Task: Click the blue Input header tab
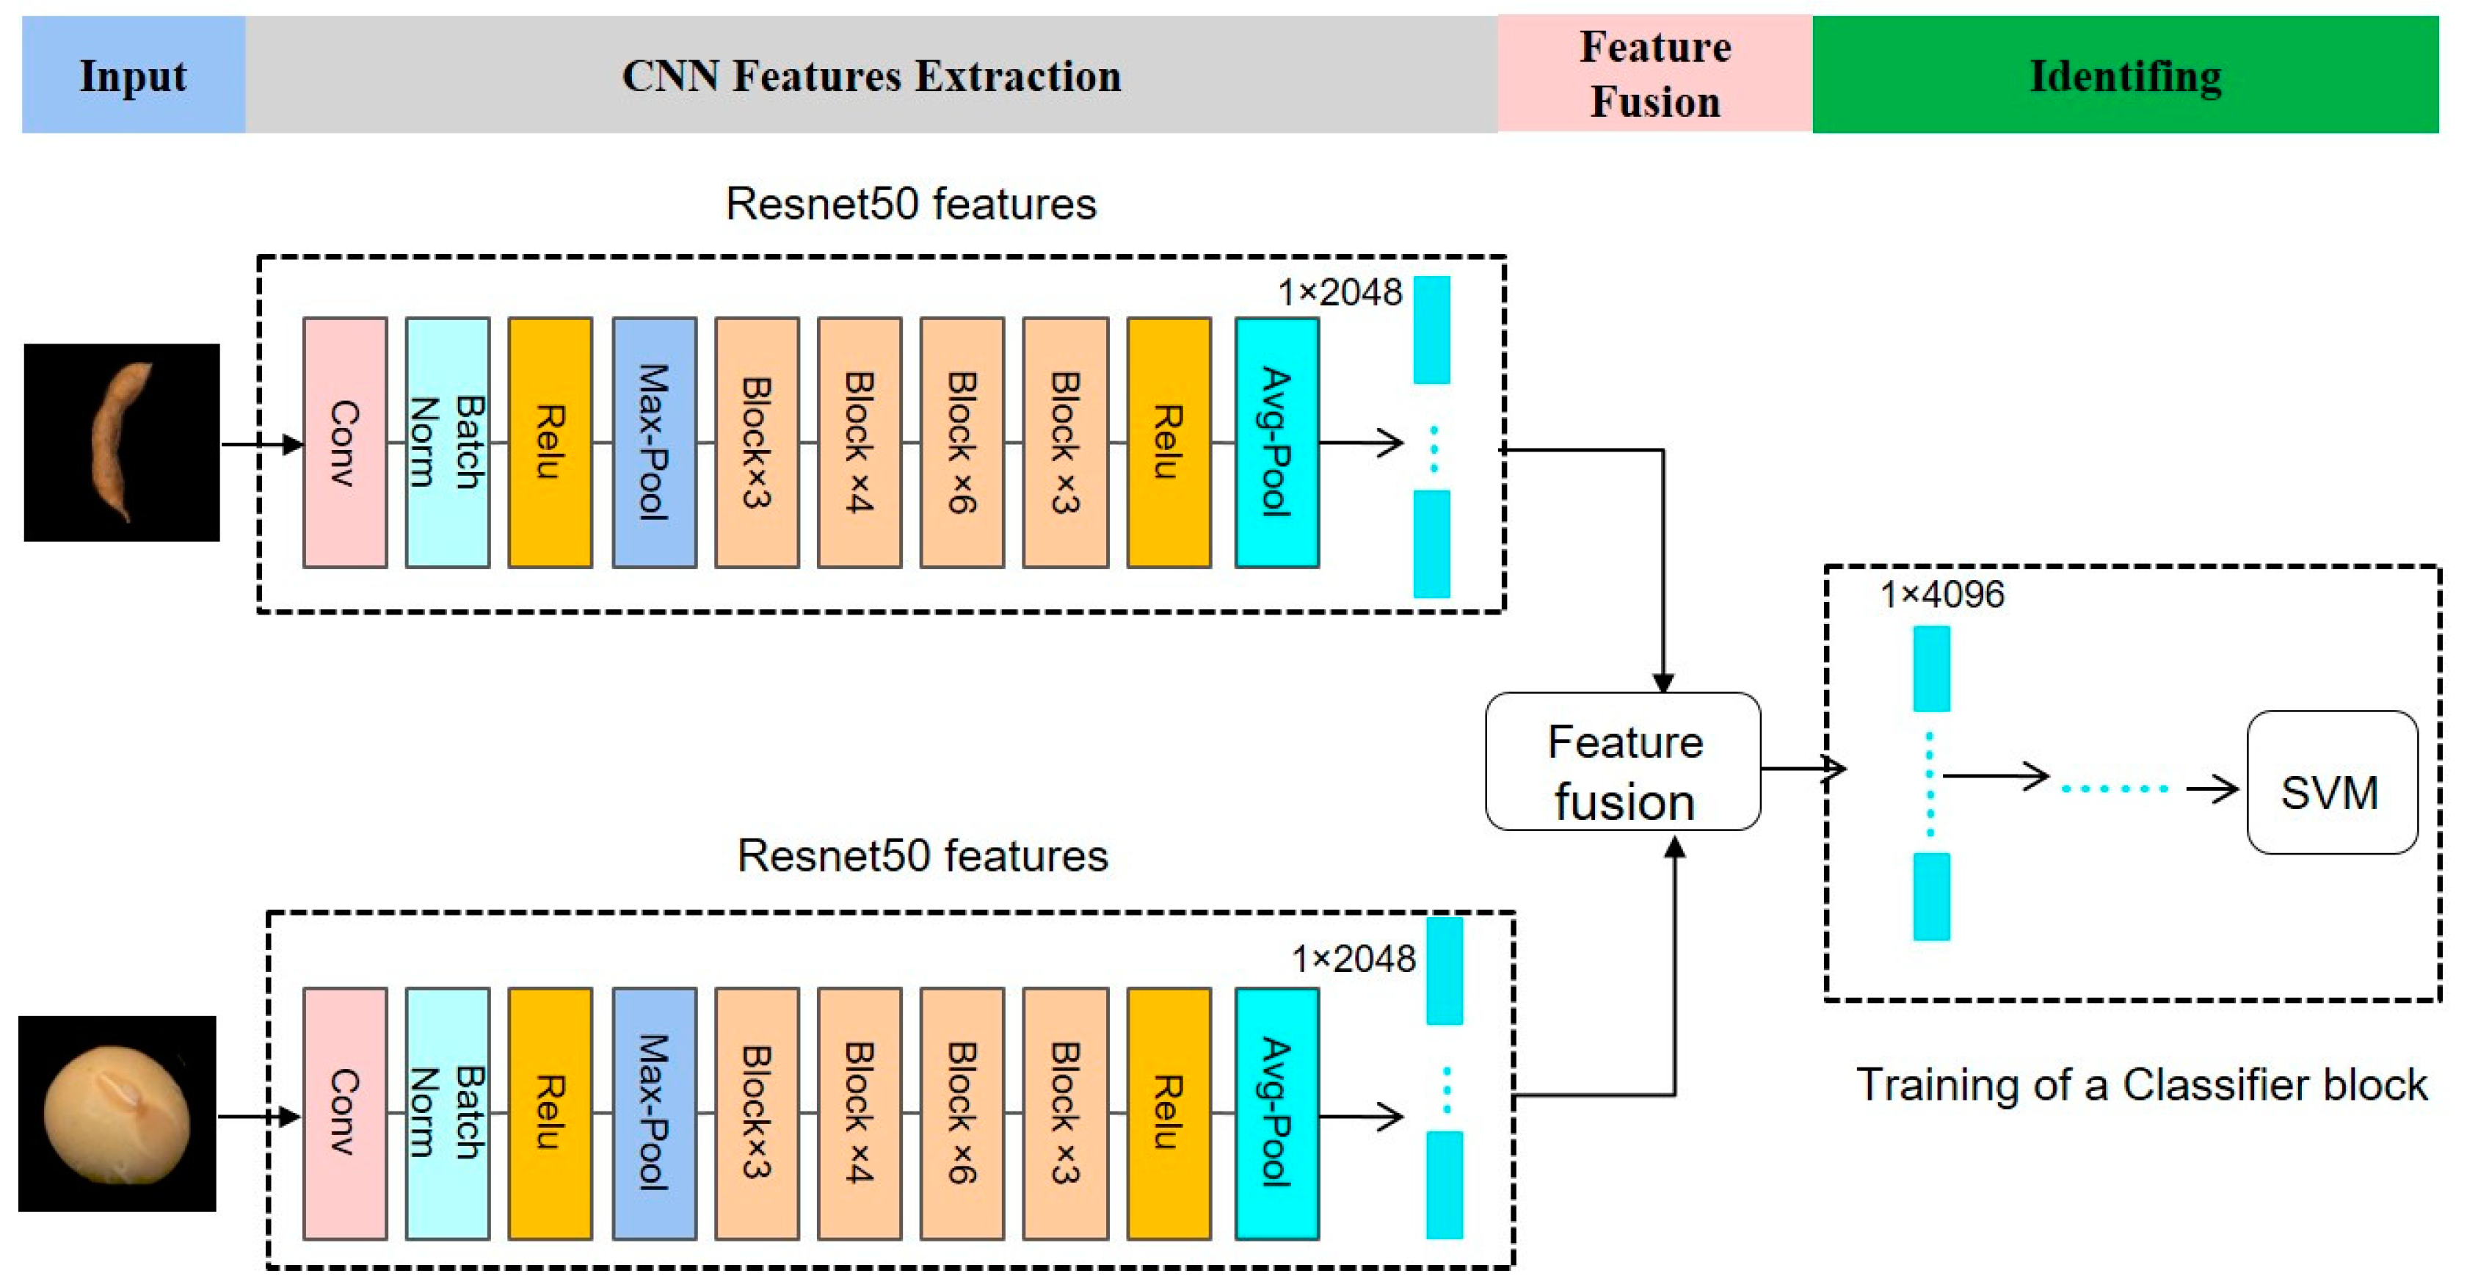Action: pos(133,75)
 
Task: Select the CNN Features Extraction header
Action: pos(871,75)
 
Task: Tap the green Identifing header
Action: pos(2124,75)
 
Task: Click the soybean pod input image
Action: pos(122,443)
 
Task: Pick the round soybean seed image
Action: pos(117,1114)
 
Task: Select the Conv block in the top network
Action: pos(345,443)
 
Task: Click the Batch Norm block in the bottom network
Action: pos(447,1114)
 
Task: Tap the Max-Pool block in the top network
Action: pos(654,443)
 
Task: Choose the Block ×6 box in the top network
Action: pos(962,443)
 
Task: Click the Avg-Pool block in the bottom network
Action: pos(1276,1114)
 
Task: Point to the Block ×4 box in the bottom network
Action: pos(859,1114)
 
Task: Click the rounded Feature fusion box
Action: pos(1622,761)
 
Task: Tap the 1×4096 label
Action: pos(1941,595)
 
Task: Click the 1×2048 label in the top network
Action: pos(1339,292)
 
